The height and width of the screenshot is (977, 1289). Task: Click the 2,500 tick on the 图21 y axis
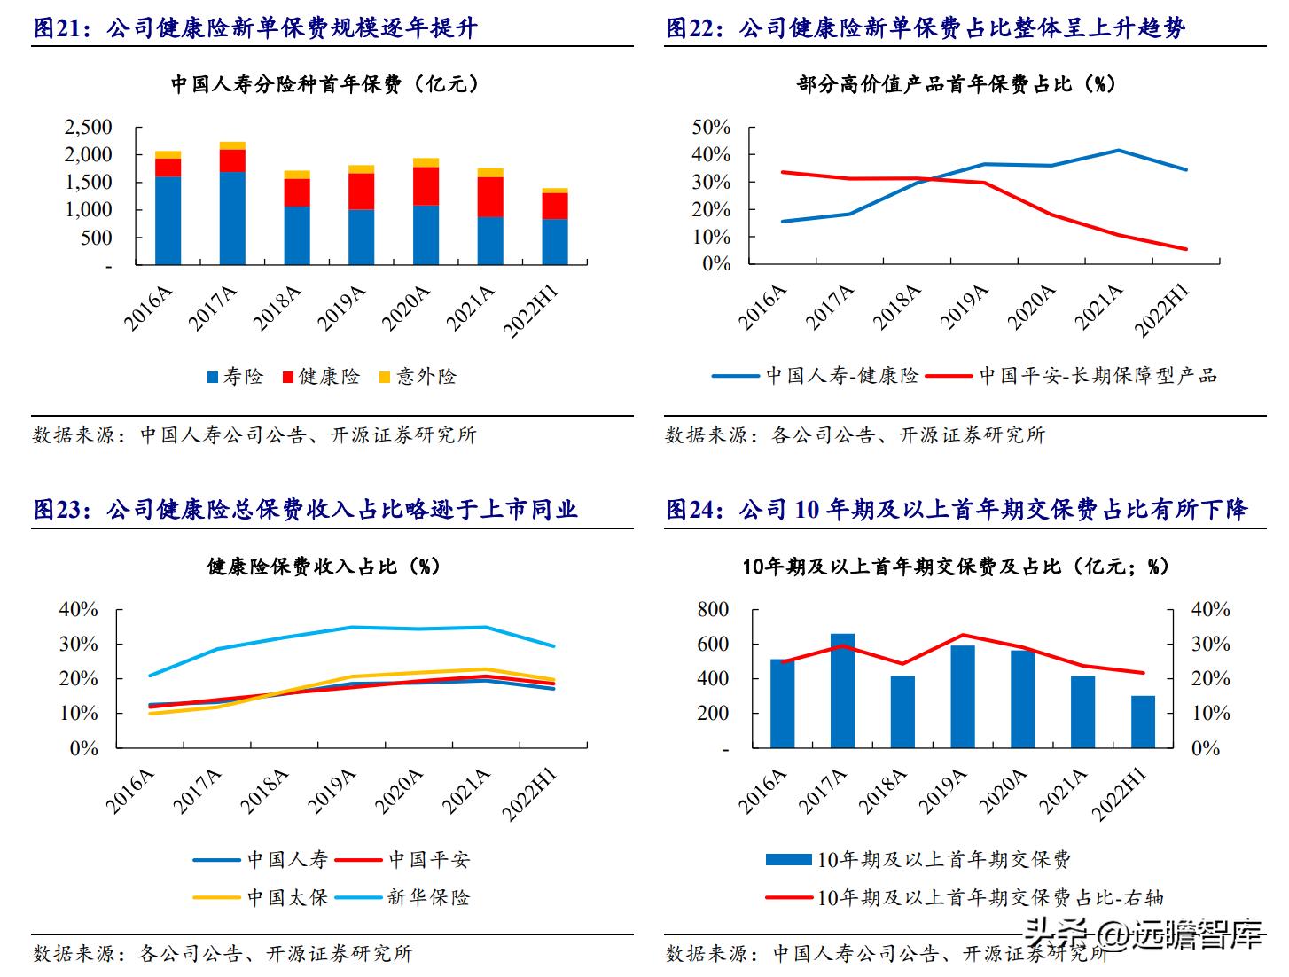click(x=89, y=128)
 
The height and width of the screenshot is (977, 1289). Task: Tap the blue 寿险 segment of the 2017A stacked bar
click(x=232, y=218)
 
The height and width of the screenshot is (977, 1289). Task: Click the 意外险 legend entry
click(x=418, y=377)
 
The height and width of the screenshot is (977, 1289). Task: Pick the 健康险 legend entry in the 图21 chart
click(x=321, y=377)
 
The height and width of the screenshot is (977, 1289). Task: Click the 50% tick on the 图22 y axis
click(x=711, y=128)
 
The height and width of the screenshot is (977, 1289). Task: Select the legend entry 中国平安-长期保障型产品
click(x=1072, y=376)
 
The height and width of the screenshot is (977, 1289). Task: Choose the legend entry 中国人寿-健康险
click(x=816, y=376)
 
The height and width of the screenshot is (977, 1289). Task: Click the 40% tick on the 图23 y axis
click(x=78, y=610)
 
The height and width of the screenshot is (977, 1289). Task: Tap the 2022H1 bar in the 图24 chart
click(x=1143, y=722)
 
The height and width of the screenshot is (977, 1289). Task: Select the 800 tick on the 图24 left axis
click(x=713, y=610)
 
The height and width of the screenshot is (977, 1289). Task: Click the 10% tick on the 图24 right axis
click(x=1210, y=714)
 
